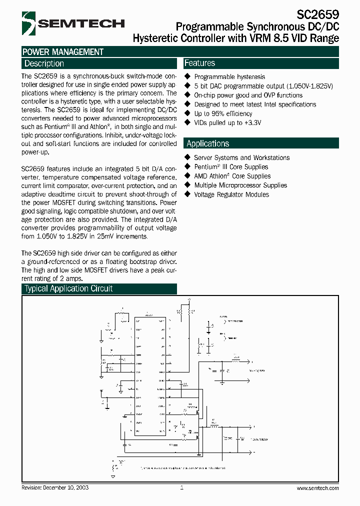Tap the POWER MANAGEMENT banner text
(63, 51)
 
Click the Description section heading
(44, 63)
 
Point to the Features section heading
(199, 63)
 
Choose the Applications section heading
(207, 143)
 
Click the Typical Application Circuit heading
(68, 288)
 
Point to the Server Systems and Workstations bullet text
(241, 157)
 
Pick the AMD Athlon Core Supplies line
(232, 176)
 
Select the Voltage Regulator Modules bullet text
(231, 194)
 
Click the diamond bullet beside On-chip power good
(187, 95)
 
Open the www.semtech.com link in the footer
(317, 488)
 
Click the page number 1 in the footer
(181, 487)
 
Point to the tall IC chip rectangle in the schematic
(149, 375)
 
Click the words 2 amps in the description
(71, 278)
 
